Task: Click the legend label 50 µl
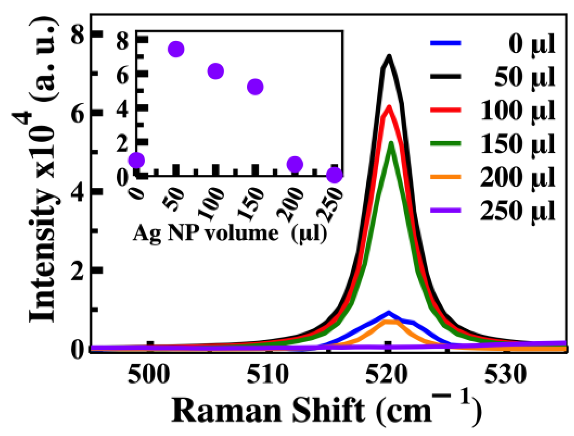pos(524,77)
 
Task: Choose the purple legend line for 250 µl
pos(445,210)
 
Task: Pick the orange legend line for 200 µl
pos(445,177)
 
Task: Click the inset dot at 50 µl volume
pos(176,49)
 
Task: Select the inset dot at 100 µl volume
pos(216,71)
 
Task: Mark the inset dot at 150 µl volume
pos(255,87)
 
